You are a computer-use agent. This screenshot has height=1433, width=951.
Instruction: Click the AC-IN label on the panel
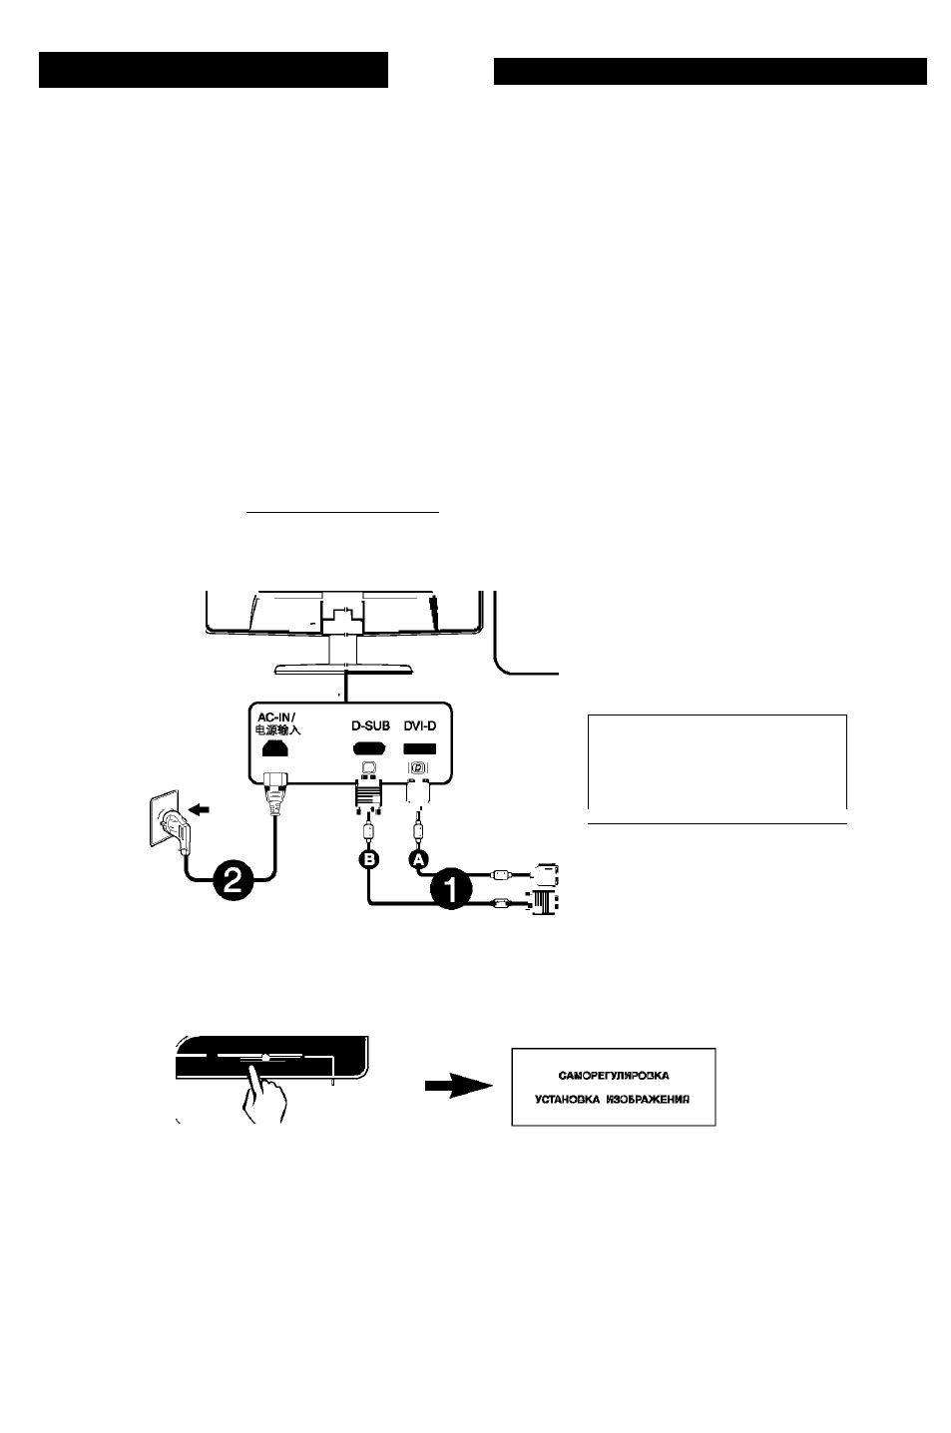tap(275, 717)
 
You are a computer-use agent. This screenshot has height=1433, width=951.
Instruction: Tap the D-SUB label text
tap(370, 725)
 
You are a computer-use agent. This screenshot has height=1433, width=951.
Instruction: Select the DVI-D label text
tap(419, 725)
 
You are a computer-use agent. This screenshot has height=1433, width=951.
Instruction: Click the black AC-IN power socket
tap(275, 747)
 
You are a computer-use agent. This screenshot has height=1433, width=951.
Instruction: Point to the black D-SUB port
tap(369, 748)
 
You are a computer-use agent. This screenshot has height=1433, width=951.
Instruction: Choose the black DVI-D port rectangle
tap(419, 748)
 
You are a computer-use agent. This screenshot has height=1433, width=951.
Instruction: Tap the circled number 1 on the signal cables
tap(451, 890)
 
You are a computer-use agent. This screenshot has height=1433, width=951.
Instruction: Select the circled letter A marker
tap(418, 860)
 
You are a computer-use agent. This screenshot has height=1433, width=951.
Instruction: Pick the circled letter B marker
tap(369, 860)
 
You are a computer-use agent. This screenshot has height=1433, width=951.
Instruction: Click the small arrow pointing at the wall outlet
tap(201, 811)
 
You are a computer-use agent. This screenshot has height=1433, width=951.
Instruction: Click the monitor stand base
tap(343, 670)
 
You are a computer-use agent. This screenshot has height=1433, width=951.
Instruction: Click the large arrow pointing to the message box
tap(459, 1086)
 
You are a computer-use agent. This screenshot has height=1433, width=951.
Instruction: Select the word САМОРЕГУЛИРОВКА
tap(614, 1076)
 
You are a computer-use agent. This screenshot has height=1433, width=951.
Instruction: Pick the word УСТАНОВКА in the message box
tap(567, 1100)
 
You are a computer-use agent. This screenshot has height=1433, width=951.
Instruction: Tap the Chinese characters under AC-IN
tap(278, 729)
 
